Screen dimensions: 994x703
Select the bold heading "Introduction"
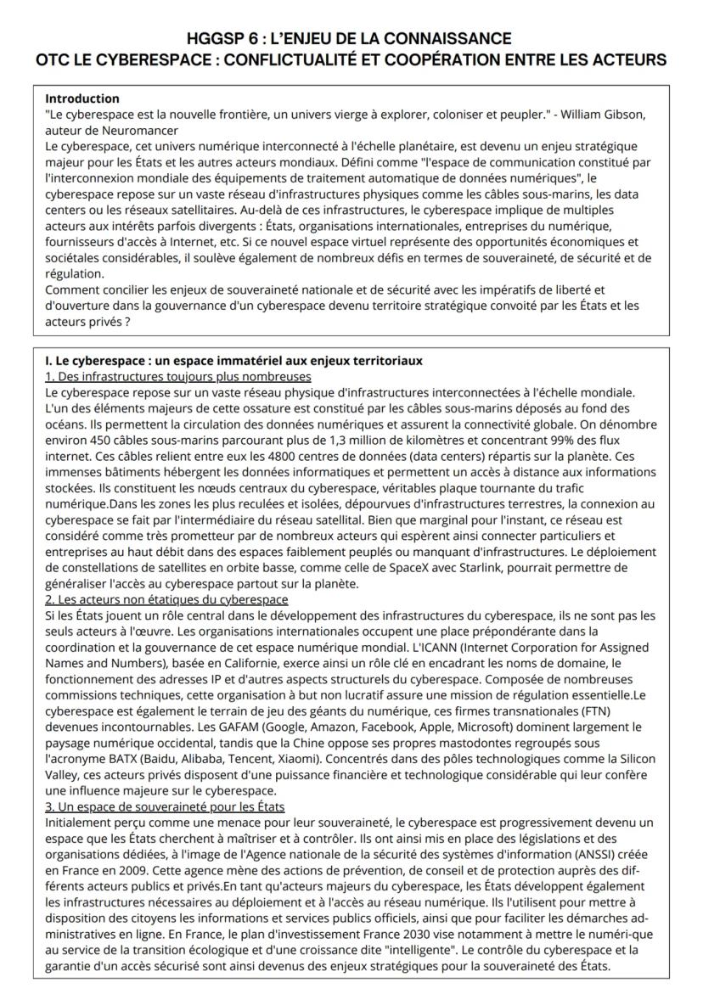coord(82,99)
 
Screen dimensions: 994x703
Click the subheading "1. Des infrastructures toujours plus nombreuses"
coord(177,377)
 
